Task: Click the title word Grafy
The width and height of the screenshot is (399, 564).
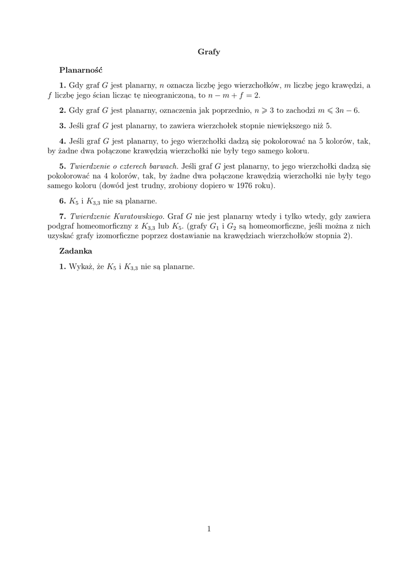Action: pos(209,52)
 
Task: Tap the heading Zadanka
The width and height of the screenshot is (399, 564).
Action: pos(76,251)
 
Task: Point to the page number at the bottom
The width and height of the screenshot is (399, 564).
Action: pos(209,529)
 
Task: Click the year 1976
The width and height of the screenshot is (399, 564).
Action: pos(249,186)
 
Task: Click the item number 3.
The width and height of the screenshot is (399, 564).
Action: pos(62,126)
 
